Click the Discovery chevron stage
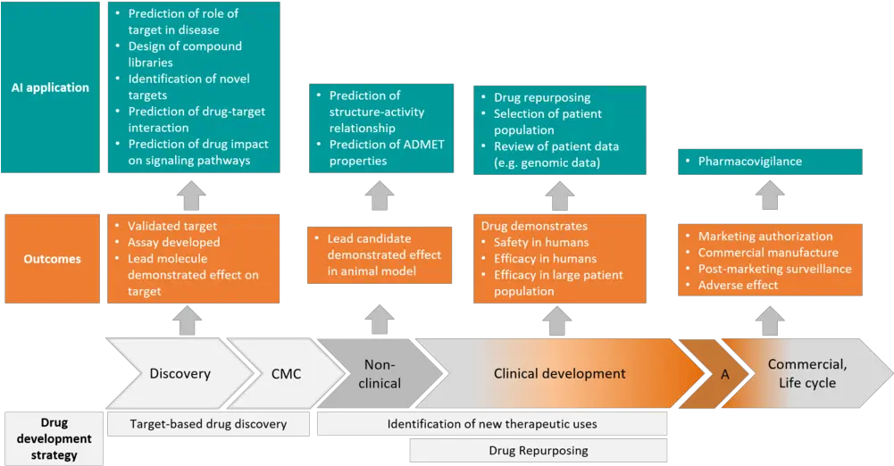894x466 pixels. pyautogui.click(x=180, y=373)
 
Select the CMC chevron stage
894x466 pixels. pyautogui.click(x=286, y=373)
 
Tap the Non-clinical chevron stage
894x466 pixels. pyautogui.click(x=381, y=373)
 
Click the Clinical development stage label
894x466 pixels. pyautogui.click(x=559, y=373)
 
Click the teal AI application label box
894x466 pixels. pyautogui.click(x=51, y=87)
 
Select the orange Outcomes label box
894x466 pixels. pyautogui.click(x=51, y=259)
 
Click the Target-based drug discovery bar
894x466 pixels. pyautogui.click(x=208, y=424)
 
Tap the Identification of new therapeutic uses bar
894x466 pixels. pyautogui.click(x=492, y=423)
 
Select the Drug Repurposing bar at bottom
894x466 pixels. pyautogui.click(x=538, y=450)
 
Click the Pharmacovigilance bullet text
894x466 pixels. pyautogui.click(x=749, y=162)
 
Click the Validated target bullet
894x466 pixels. pyautogui.click(x=172, y=226)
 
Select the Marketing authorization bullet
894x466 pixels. pyautogui.click(x=765, y=237)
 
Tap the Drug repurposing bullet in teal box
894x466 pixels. pyautogui.click(x=541, y=97)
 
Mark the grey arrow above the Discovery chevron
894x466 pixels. pyautogui.click(x=189, y=319)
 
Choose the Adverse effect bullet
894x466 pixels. pyautogui.click(x=738, y=285)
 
